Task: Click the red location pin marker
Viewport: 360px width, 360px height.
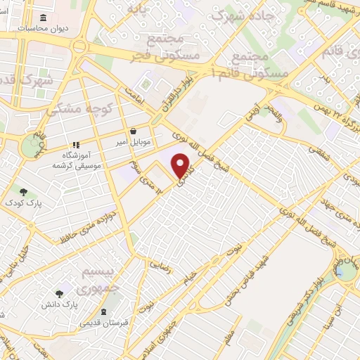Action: pos(183,166)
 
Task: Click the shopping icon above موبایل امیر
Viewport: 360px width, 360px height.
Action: pos(133,131)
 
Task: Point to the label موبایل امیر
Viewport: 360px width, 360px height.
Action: pos(133,142)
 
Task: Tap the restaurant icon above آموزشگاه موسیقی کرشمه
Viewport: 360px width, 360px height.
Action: pos(77,145)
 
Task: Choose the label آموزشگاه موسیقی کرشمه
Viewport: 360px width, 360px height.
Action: pos(77,161)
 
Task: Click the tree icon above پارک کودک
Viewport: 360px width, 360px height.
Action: pos(24,192)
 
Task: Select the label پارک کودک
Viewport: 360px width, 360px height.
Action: pos(25,203)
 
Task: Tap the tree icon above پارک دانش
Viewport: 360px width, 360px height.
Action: pos(60,294)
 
